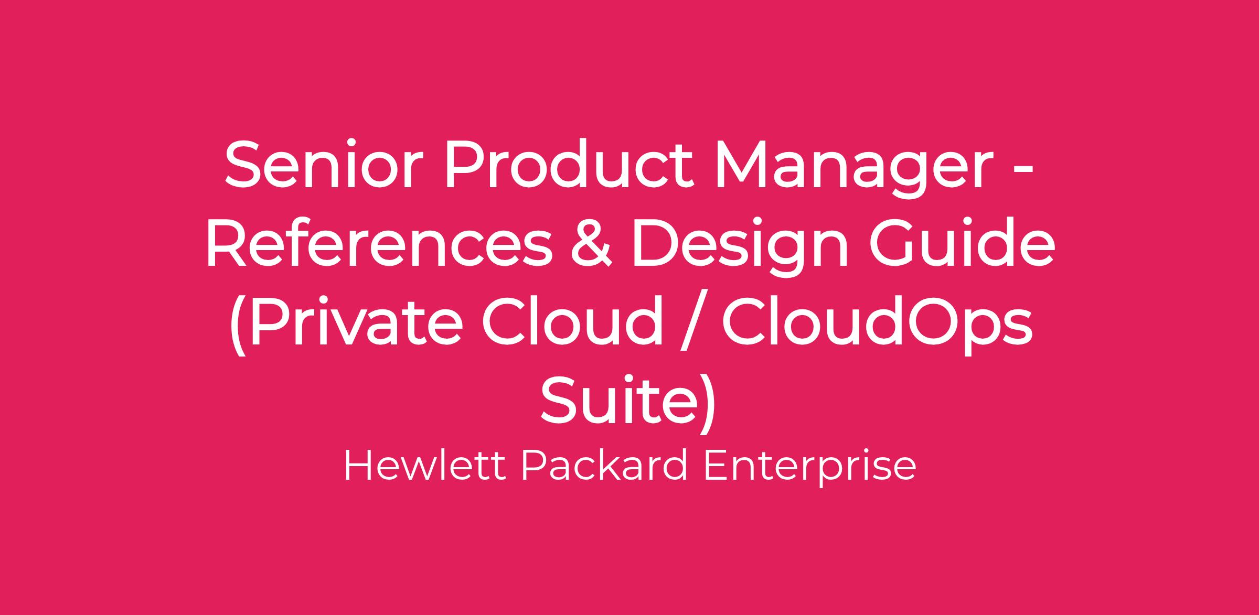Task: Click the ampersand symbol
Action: click(591, 243)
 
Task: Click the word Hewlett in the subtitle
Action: click(425, 466)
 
